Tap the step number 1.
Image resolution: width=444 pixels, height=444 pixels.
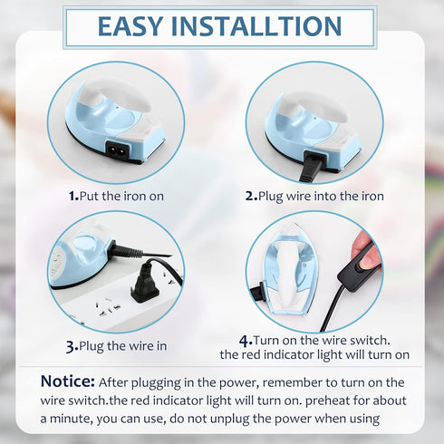click(72, 196)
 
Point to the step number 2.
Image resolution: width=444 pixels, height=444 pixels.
click(249, 196)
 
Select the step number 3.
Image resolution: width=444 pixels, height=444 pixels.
click(71, 345)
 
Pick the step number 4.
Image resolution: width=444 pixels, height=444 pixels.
click(245, 340)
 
